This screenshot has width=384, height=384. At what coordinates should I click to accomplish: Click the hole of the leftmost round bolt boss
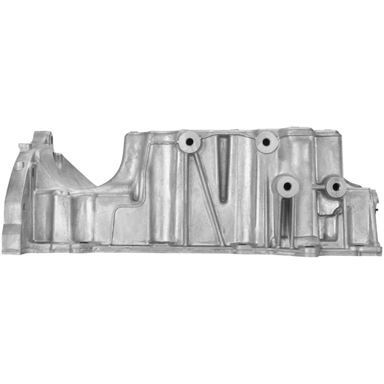(190, 141)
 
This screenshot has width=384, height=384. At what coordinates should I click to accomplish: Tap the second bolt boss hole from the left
(264, 141)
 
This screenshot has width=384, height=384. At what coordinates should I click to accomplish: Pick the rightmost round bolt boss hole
(335, 186)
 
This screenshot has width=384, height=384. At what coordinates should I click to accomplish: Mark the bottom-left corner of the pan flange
(5, 252)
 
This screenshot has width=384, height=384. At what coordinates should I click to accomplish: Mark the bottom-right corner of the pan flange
(379, 252)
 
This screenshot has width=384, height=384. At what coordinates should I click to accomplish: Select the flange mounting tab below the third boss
(307, 248)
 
